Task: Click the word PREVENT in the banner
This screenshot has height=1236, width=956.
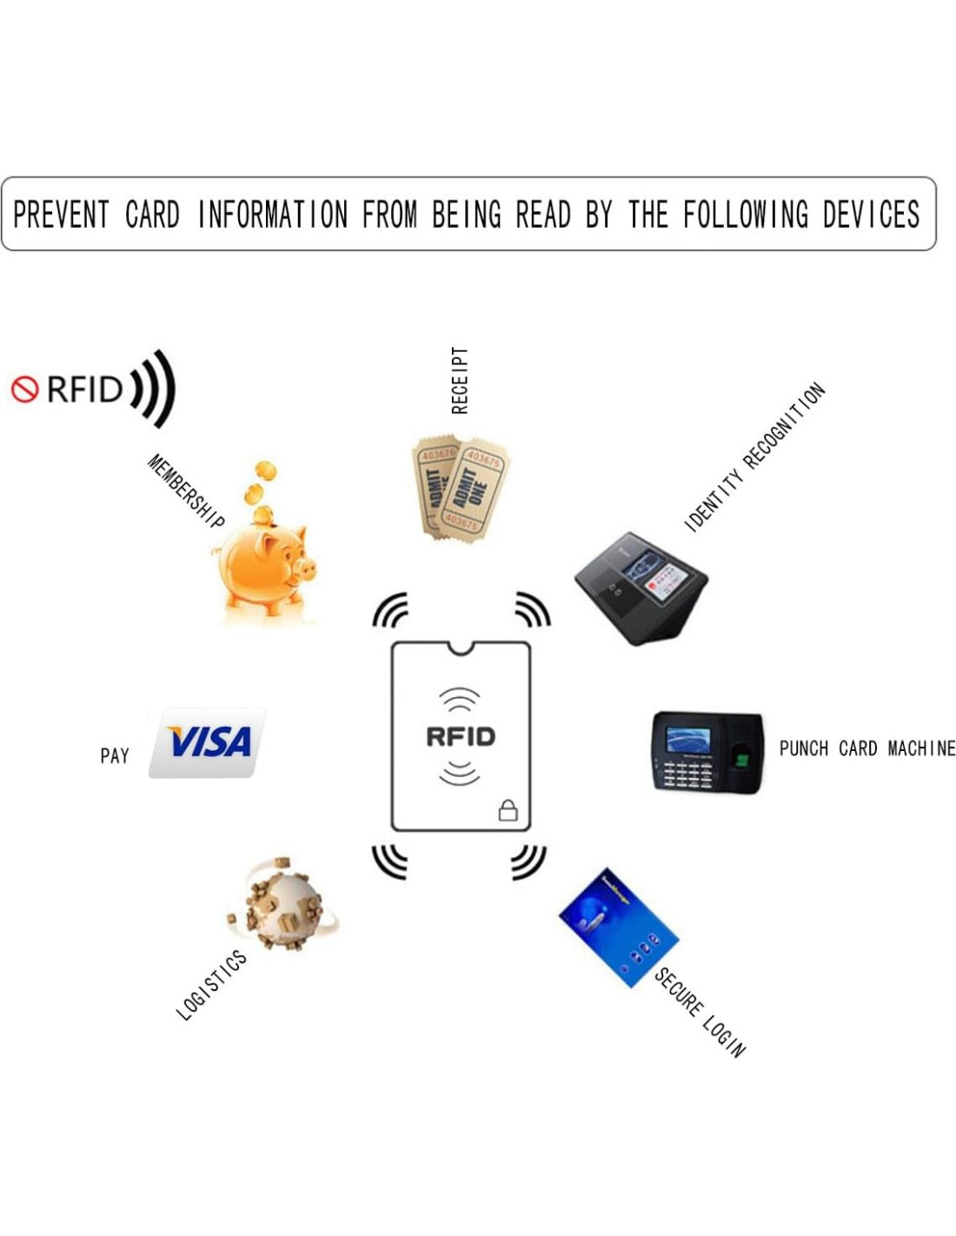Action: pos(61,214)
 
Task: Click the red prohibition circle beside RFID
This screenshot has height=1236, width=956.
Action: pos(24,389)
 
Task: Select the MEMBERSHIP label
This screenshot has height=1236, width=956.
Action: pos(185,491)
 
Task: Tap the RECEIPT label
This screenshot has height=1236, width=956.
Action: pos(460,380)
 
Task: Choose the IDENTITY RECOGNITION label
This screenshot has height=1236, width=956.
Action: pos(754,456)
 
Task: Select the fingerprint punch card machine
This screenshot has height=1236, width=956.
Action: pos(707,752)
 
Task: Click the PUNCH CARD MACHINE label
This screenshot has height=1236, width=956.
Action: pos(866,748)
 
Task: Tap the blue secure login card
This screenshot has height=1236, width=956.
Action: pos(616,927)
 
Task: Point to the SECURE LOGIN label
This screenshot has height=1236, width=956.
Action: pos(700,1012)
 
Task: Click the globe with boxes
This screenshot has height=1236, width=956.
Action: pos(283,905)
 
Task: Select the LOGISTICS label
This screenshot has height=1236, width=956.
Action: pos(211,986)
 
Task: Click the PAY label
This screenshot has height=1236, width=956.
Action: pos(115,755)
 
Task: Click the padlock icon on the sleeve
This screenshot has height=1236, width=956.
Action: pos(508,810)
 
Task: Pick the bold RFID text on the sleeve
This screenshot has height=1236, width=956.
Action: pos(461,737)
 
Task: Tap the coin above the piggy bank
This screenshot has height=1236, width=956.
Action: pos(264,471)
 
